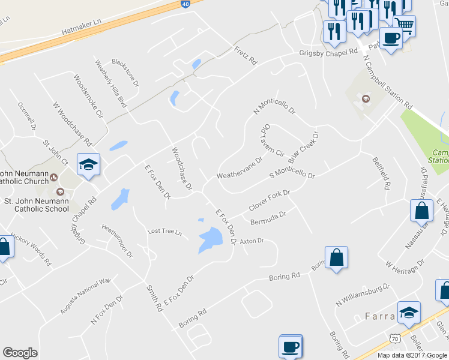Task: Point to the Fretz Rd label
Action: click(x=246, y=57)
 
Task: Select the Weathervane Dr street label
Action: click(x=240, y=169)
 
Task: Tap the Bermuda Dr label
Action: click(x=267, y=217)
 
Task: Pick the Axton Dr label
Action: click(x=252, y=241)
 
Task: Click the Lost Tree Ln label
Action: click(x=164, y=232)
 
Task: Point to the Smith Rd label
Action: click(x=154, y=298)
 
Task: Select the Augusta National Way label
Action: click(x=85, y=296)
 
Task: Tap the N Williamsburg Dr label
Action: click(x=363, y=295)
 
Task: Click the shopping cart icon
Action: click(x=405, y=25)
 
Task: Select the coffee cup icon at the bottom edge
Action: click(x=291, y=347)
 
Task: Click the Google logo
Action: click(x=20, y=353)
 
